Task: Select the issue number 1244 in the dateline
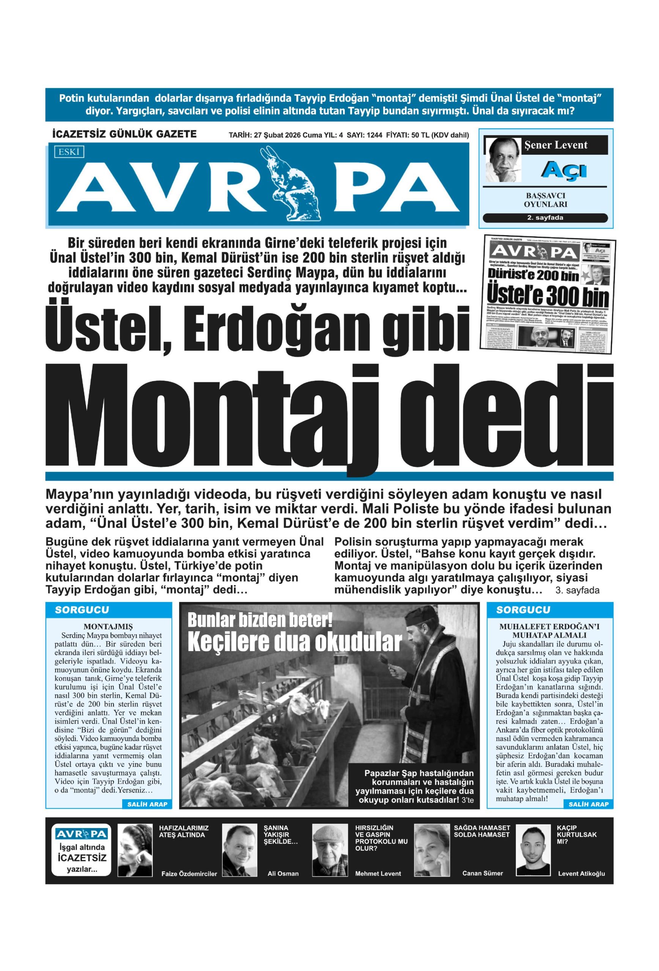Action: pyautogui.click(x=374, y=135)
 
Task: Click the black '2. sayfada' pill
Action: pyautogui.click(x=544, y=218)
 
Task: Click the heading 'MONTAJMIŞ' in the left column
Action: pyautogui.click(x=108, y=626)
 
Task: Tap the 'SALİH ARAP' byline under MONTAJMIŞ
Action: pyautogui.click(x=147, y=804)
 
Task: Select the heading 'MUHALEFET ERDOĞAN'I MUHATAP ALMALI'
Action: pyautogui.click(x=549, y=630)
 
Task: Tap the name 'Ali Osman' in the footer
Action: pyautogui.click(x=283, y=873)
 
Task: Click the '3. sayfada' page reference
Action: pyautogui.click(x=577, y=590)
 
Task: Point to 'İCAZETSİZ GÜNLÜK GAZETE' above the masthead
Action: pyautogui.click(x=124, y=134)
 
